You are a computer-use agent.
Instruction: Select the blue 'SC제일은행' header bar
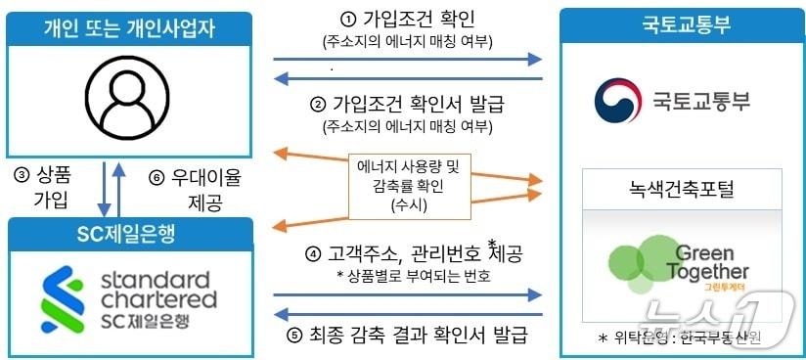[130, 230]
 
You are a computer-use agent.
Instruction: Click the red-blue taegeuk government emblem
[616, 99]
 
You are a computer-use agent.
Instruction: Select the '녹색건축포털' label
[682, 187]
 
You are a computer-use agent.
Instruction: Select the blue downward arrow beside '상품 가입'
[103, 189]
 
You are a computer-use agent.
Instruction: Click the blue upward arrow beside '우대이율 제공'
[119, 189]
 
